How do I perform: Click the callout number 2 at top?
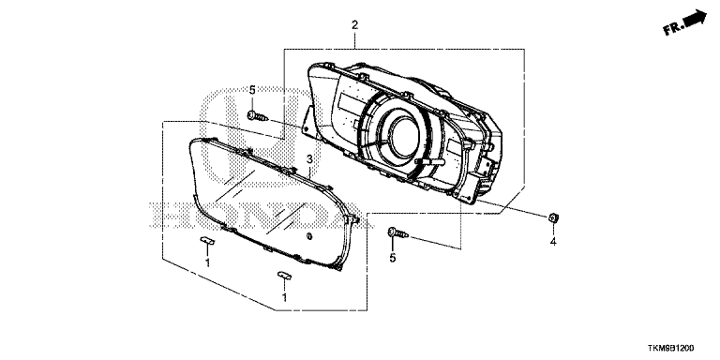coord(354,25)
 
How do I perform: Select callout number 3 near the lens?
coord(310,159)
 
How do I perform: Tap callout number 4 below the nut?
coord(553,242)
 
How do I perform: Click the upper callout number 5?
coord(252,90)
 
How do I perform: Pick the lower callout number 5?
coord(393,259)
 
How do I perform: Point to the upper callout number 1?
coord(207,262)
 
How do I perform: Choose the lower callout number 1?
coord(284,297)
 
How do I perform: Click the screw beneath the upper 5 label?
coord(257,116)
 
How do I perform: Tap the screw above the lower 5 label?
coord(398,232)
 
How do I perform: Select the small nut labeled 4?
coord(553,217)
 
